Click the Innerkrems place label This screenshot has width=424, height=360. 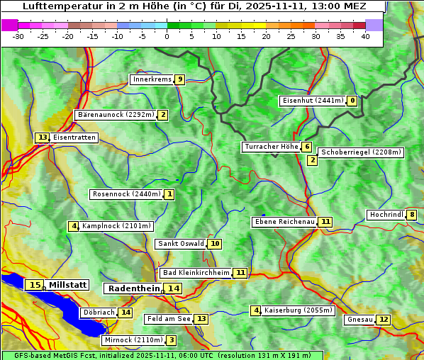(x=152, y=79)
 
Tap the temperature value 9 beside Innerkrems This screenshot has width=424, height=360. (x=180, y=79)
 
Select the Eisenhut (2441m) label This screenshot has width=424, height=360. (x=313, y=101)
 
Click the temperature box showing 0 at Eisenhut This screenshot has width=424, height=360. (x=352, y=101)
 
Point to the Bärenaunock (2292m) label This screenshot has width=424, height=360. (x=116, y=114)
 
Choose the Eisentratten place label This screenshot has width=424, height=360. (x=74, y=137)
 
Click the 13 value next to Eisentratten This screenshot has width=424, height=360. (x=43, y=137)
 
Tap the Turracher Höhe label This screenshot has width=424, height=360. (x=271, y=147)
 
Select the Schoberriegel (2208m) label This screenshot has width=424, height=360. (x=361, y=152)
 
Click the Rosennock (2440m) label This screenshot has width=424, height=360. (x=127, y=193)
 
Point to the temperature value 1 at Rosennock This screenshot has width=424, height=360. (x=169, y=193)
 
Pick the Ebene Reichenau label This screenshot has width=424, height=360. (x=284, y=222)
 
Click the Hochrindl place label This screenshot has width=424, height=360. (x=386, y=215)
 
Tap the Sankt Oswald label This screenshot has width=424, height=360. (x=181, y=244)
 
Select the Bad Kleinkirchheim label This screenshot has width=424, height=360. (x=196, y=273)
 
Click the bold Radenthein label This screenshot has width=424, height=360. (x=135, y=288)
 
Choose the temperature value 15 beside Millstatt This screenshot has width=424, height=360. (x=34, y=285)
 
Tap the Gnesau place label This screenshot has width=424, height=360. (x=359, y=320)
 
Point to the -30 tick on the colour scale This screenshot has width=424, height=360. (x=18, y=36)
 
